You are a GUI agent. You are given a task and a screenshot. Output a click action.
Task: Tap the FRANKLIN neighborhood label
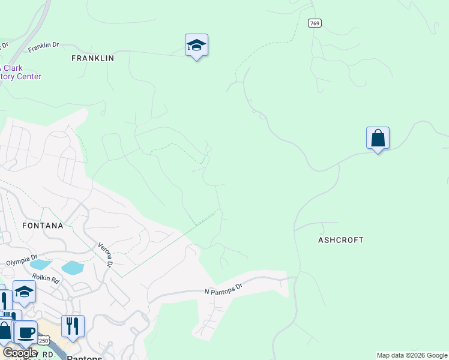pos(92,58)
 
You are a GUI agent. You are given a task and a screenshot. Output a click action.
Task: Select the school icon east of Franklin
pos(196,46)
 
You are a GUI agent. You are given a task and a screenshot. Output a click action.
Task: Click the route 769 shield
pos(315,23)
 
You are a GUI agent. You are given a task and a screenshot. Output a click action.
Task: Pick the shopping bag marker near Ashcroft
pos(378,139)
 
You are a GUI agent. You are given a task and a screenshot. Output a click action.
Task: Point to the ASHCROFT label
pos(340,240)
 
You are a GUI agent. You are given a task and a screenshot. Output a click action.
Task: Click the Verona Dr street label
pos(106,254)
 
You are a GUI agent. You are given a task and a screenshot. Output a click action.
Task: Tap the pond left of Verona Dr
pos(72,268)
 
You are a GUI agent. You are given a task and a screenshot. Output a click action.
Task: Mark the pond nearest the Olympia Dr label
pos(40,265)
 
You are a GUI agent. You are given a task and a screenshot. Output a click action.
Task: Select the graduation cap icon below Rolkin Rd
pos(24,292)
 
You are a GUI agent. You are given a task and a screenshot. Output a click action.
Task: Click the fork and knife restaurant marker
pos(72,326)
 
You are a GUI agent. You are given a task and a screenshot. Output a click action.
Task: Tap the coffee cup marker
pos(25,332)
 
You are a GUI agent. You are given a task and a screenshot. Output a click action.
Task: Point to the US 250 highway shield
pos(43,341)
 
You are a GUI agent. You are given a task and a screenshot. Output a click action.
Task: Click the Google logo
pos(19,353)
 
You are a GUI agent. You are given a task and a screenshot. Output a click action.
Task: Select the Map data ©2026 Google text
pos(412,356)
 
